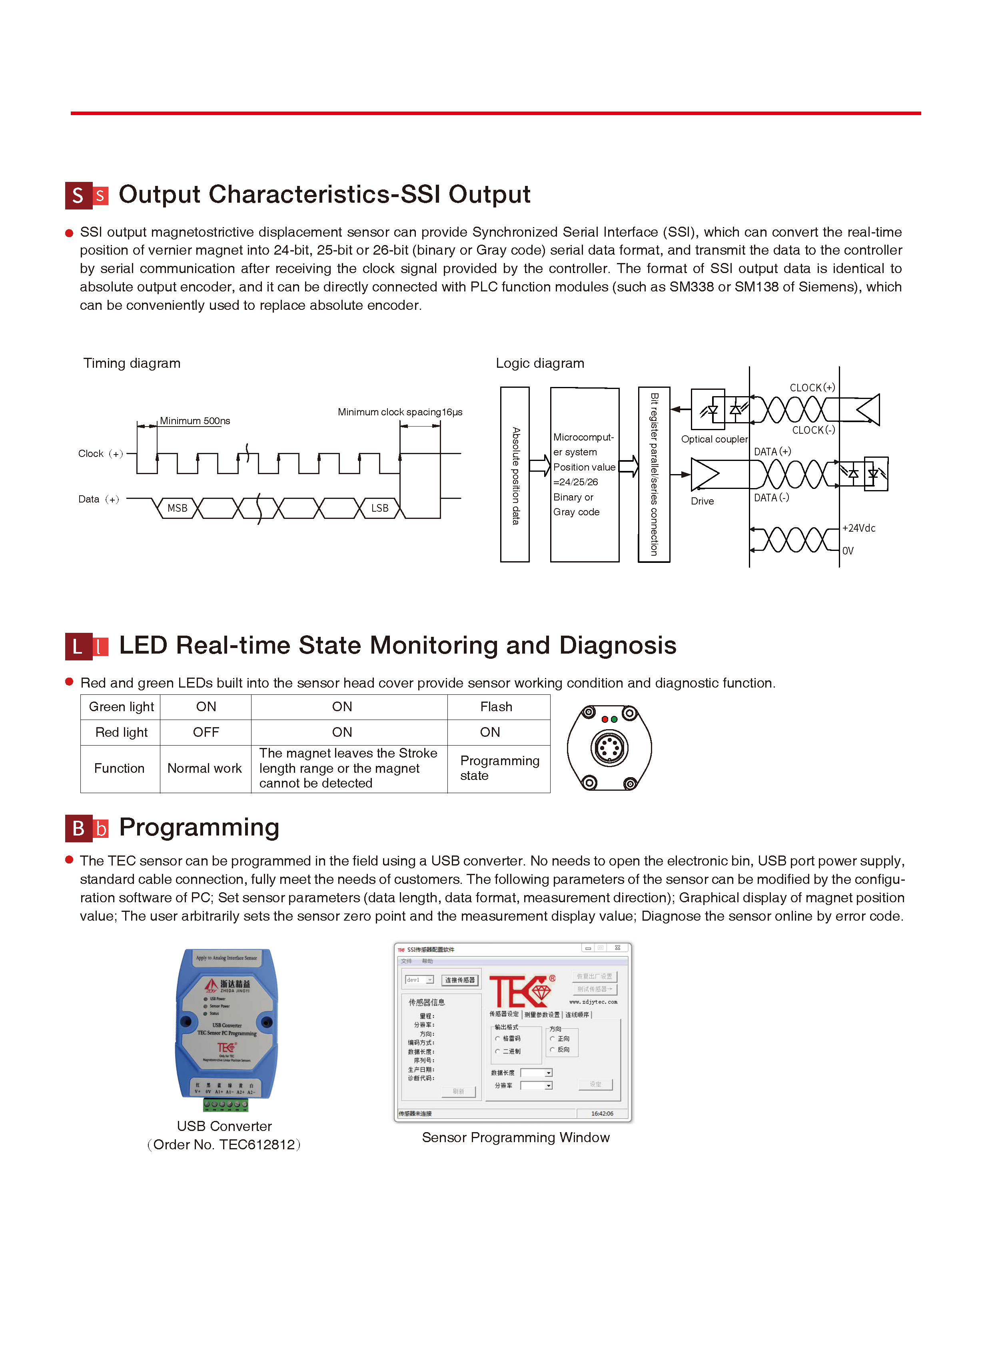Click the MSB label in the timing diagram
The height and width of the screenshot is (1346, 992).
click(x=177, y=508)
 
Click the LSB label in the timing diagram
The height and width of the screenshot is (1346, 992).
click(x=379, y=508)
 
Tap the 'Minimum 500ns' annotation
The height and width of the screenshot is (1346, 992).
click(x=195, y=421)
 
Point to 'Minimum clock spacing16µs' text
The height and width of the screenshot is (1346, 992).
click(x=400, y=412)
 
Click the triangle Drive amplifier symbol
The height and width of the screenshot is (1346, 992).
click(x=703, y=474)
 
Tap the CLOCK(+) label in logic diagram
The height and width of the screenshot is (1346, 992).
click(x=812, y=388)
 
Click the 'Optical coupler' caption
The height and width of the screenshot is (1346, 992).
click(x=714, y=439)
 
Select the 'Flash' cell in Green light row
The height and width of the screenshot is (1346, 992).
click(x=496, y=707)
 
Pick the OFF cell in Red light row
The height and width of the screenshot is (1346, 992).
click(x=206, y=732)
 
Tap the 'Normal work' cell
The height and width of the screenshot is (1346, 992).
click(x=204, y=768)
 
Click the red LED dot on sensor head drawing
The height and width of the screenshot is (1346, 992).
click(x=605, y=719)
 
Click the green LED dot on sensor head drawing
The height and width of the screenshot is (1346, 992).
click(x=614, y=719)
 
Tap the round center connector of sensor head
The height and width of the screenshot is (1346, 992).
click(x=609, y=748)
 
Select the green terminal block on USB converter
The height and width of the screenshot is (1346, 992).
click(x=225, y=1105)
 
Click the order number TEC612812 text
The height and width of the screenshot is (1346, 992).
click(x=224, y=1145)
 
